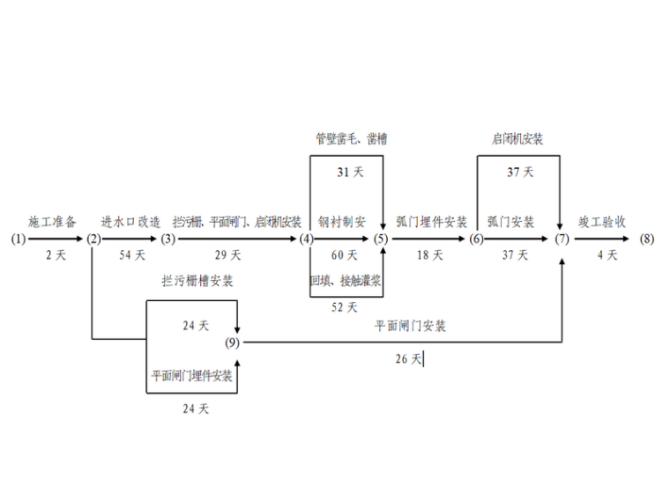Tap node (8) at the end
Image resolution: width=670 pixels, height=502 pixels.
(647, 239)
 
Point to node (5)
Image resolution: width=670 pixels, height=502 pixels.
(381, 239)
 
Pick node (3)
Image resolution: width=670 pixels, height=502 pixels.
(168, 239)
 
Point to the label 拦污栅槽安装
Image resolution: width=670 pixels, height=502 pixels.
(197, 281)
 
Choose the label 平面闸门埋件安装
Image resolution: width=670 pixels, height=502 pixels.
(191, 376)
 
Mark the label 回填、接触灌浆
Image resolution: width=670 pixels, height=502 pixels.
(345, 281)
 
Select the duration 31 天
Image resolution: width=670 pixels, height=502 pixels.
(350, 173)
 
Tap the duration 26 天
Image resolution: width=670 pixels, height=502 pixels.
(409, 359)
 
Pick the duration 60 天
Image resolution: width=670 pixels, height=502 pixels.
(345, 255)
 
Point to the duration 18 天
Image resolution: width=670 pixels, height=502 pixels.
(430, 255)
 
